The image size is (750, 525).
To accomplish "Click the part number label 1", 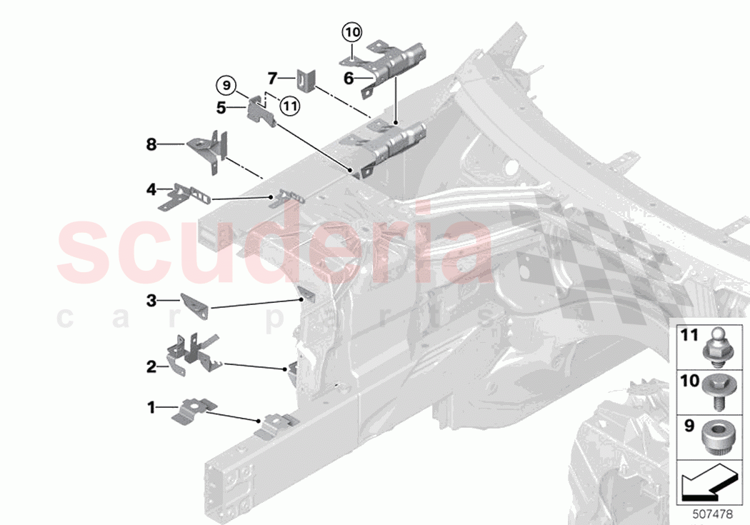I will coord(151,408).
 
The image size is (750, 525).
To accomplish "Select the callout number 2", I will coord(151,367).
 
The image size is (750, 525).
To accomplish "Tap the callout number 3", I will coord(151,301).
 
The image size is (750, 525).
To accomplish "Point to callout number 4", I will coord(151,189).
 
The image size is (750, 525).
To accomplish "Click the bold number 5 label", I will coord(221,108).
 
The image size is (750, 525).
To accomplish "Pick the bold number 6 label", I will coord(349,79).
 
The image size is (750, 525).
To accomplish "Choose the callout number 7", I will coord(272,76).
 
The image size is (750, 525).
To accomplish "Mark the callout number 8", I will coord(151,144).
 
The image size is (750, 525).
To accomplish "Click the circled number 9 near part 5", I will coord(226,86).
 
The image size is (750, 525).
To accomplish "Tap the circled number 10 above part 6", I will coord(351,31).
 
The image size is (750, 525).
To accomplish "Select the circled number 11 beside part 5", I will coord(289,106).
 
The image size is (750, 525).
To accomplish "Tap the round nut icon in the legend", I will coord(716,434).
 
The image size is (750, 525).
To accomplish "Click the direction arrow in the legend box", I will coord(706,482).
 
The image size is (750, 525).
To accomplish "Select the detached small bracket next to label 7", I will coord(306,79).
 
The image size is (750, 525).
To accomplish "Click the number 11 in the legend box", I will coord(689,334).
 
